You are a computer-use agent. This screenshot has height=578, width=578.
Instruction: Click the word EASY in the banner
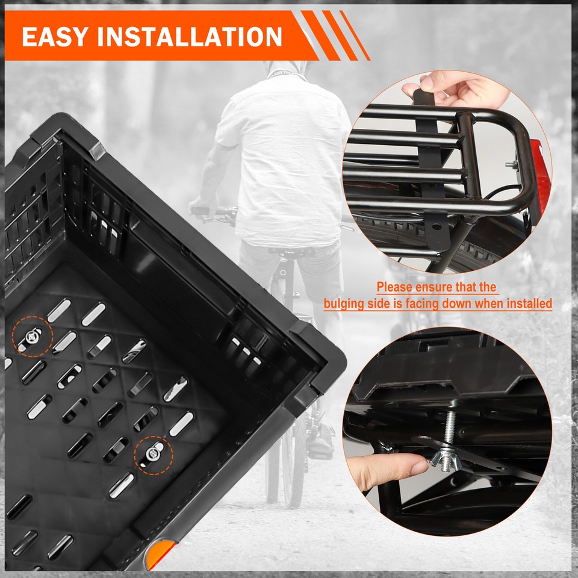[57, 37]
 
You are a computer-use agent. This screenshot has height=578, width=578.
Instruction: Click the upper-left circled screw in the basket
[31, 337]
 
